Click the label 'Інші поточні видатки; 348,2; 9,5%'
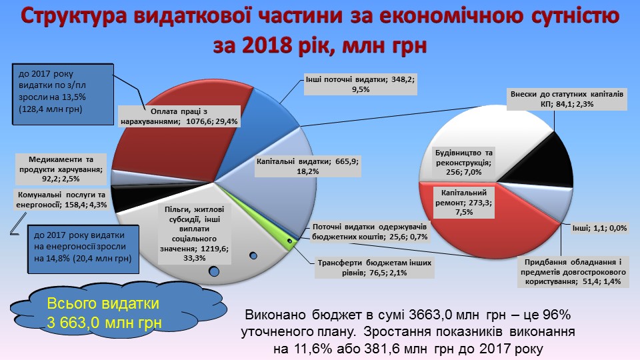pos(361,85)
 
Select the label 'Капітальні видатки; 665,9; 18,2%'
pos(308,166)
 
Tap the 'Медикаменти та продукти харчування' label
pos(61,169)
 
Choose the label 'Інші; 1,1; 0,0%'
pos(599,228)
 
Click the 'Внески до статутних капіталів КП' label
pos(567,99)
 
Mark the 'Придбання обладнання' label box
pos(573,272)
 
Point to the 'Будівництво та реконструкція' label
pos(464,162)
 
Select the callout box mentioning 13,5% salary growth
pos(63,94)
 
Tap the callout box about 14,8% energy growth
pos(83,249)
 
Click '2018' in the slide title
pos(267,45)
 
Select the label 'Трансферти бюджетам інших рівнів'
pos(374,268)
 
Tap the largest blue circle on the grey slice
pos(213,271)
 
